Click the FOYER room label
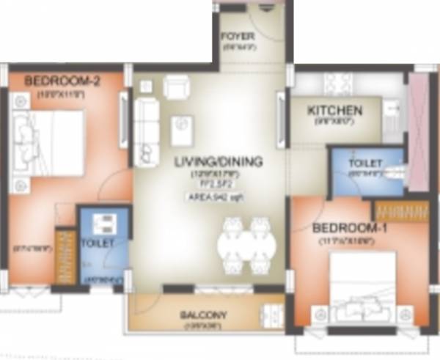click(x=238, y=35)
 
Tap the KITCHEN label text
click(x=334, y=111)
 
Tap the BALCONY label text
click(x=204, y=315)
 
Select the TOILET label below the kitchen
click(x=364, y=161)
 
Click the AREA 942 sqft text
click(x=215, y=196)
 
